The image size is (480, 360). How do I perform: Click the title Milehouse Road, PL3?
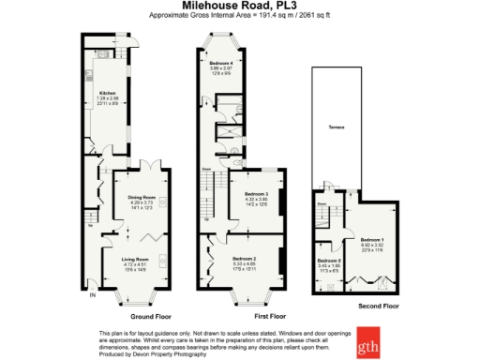click(x=240, y=6)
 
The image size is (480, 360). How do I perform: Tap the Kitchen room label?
click(x=106, y=92)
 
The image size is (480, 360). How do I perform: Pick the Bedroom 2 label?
click(x=245, y=257)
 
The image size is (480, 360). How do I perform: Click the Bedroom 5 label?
click(x=327, y=260)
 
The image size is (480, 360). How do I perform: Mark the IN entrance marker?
click(x=92, y=296)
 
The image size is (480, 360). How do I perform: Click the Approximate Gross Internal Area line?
click(x=240, y=16)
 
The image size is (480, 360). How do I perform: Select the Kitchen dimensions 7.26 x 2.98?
click(x=106, y=97)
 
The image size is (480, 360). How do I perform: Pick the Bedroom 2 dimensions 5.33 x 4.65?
click(x=245, y=262)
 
